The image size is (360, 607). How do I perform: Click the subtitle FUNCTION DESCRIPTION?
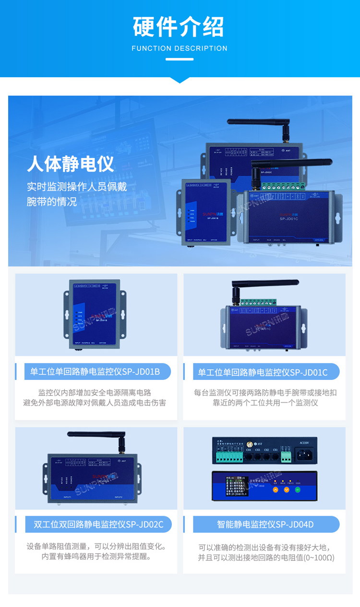coord(180,49)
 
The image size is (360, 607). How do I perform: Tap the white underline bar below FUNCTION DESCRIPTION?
coord(180,60)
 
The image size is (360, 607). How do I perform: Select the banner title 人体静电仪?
coord(71,164)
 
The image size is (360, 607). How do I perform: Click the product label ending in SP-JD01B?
coord(95,372)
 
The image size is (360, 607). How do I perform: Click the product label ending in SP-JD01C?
coord(263,372)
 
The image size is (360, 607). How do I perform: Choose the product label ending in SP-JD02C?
coord(98,524)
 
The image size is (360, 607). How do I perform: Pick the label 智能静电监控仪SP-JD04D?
coord(265,524)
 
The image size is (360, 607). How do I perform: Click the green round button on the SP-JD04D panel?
coord(298,490)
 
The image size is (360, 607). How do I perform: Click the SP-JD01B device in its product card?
coord(96,315)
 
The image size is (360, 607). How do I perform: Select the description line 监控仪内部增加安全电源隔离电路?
coord(95,392)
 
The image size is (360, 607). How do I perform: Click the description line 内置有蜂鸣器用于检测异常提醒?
coord(96,557)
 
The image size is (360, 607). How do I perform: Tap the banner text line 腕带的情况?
coord(52,202)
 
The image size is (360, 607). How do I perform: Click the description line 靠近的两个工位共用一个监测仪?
coord(265,403)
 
